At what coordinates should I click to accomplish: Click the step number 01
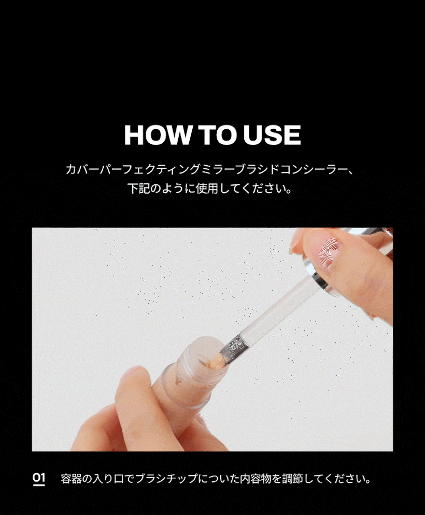coord(39,479)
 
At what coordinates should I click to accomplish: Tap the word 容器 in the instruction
coord(71,479)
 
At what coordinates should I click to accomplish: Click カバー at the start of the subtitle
coord(82,170)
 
